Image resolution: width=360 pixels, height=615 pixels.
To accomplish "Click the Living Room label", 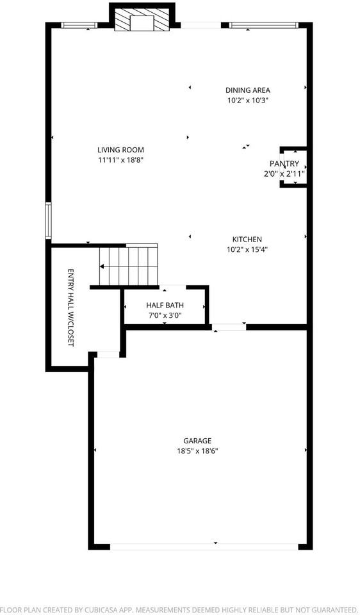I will click(116, 150).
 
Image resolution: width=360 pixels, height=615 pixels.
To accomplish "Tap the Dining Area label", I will click(247, 90).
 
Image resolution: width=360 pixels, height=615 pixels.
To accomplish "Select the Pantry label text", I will click(284, 164).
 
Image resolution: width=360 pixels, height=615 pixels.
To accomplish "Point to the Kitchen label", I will click(247, 240).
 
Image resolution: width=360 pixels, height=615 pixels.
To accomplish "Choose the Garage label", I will click(197, 441).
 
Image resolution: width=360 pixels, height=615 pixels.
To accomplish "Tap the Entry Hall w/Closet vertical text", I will click(71, 307).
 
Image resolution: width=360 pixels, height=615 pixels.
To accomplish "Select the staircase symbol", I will click(128, 265).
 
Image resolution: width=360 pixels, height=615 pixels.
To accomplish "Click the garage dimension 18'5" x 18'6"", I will click(197, 451).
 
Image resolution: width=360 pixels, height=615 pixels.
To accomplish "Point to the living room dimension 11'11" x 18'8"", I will click(116, 160).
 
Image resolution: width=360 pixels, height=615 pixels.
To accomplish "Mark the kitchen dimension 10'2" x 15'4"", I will click(247, 250).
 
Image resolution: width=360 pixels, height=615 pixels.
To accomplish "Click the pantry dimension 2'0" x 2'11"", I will click(284, 174).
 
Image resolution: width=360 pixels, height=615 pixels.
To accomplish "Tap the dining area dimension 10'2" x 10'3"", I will click(247, 101).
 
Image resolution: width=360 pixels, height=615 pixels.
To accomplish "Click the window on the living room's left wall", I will click(48, 221).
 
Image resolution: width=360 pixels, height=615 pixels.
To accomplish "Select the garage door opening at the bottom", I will click(204, 546).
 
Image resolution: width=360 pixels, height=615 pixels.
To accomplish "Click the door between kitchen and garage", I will click(229, 327).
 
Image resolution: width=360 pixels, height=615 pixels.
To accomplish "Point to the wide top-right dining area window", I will click(263, 26).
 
